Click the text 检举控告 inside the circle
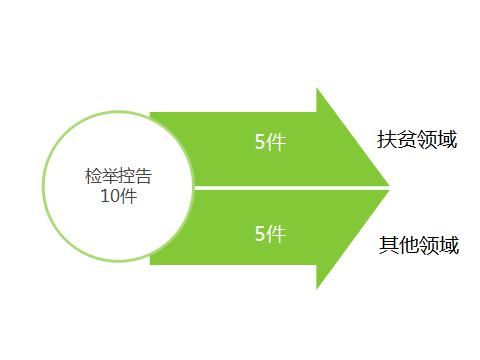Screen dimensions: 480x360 [119, 177]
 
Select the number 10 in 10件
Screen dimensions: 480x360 [110, 196]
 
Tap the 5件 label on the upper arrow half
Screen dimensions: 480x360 [270, 142]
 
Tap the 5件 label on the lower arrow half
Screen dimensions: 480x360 [270, 234]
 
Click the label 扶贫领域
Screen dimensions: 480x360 [417, 140]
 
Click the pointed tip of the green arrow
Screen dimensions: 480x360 [388, 187]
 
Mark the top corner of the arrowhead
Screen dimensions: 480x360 [317, 89]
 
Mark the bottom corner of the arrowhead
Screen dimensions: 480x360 [317, 288]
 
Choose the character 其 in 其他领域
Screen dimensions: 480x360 [388, 244]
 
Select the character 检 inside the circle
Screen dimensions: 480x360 [94, 177]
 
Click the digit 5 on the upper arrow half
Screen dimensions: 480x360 [260, 142]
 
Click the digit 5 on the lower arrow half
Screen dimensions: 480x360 [260, 234]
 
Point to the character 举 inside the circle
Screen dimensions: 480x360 [110, 177]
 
